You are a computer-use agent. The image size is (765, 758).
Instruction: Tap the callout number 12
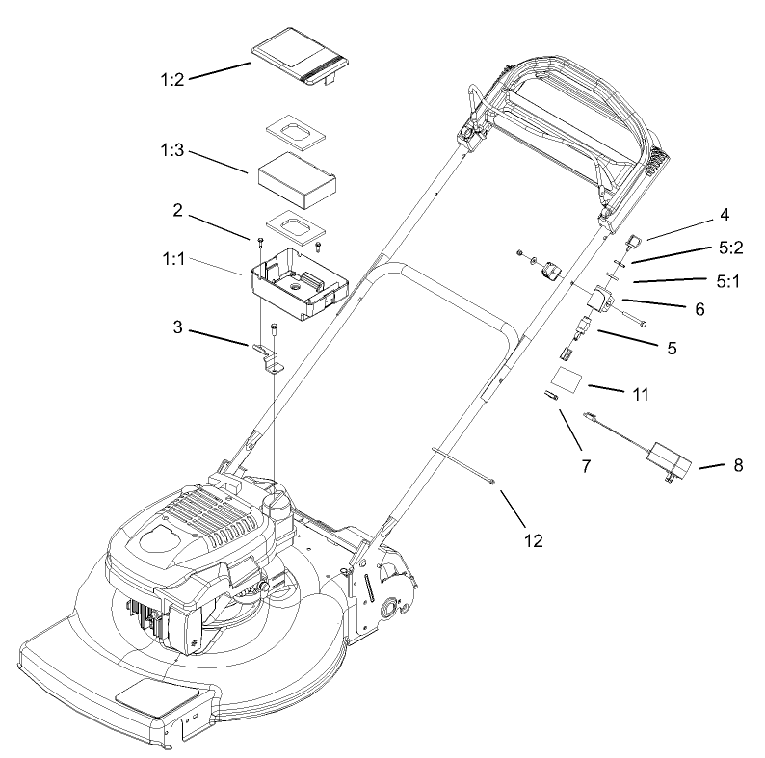click(533, 540)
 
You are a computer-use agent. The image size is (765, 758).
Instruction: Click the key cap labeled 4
click(633, 239)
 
